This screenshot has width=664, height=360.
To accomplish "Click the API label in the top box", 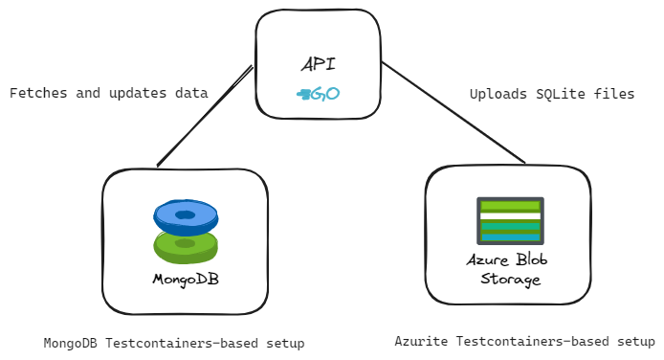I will point(319,65).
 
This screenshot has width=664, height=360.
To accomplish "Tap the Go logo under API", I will point(318,94).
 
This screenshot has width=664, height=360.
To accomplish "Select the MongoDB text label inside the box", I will point(185,280).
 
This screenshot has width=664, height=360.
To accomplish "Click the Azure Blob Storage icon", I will point(510,222).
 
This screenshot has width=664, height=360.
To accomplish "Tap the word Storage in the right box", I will point(510,280).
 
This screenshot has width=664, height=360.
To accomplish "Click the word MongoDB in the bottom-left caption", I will point(72,342).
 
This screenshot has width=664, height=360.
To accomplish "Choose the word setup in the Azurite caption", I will point(634,341).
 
